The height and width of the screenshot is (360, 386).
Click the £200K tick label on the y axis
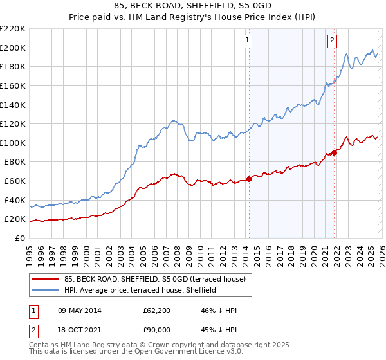[13, 48]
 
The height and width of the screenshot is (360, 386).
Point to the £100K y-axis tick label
[13, 143]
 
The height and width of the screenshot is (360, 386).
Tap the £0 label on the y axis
[20, 238]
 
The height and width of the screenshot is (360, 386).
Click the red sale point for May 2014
[250, 179]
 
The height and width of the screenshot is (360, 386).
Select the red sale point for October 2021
[335, 152]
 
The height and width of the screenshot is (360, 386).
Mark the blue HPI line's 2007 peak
[173, 120]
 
